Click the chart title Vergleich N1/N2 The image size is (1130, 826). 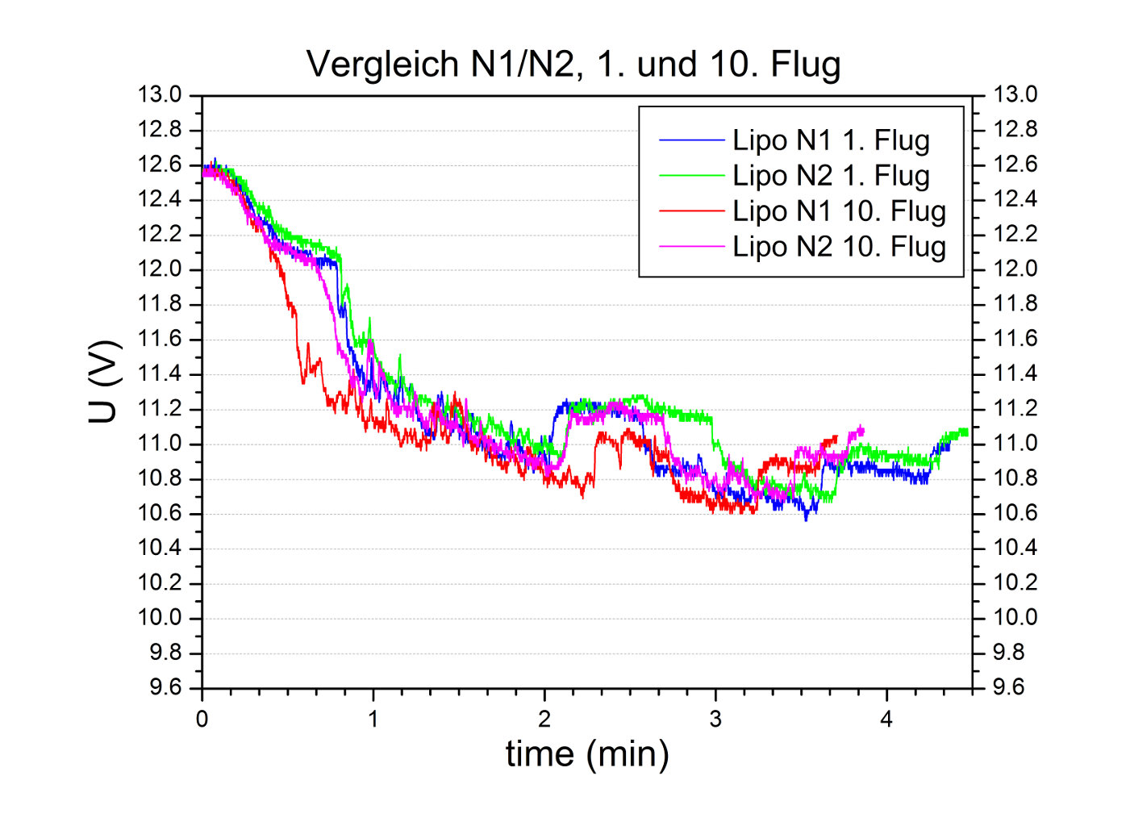pyautogui.click(x=573, y=65)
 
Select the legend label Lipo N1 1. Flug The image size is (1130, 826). pyautogui.click(x=831, y=140)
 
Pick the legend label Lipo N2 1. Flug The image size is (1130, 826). pyautogui.click(x=831, y=176)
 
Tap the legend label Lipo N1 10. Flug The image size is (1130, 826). pyautogui.click(x=839, y=211)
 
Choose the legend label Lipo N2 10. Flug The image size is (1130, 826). pyautogui.click(x=839, y=247)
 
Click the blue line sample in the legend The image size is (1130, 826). pyautogui.click(x=691, y=140)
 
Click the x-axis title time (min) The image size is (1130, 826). pyautogui.click(x=586, y=753)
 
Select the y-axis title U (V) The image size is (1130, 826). pyautogui.click(x=104, y=382)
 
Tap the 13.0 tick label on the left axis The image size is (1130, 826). pyautogui.click(x=160, y=95)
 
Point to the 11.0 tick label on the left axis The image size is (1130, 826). pyautogui.click(x=160, y=444)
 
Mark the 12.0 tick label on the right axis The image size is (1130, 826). pyautogui.click(x=1015, y=269)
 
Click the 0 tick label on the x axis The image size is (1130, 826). pyautogui.click(x=202, y=720)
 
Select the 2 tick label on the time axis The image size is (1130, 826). pyautogui.click(x=544, y=720)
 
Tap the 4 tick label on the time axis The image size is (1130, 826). pyautogui.click(x=886, y=720)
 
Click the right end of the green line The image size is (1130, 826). pyautogui.click(x=966, y=432)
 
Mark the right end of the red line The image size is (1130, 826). pyautogui.click(x=836, y=438)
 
